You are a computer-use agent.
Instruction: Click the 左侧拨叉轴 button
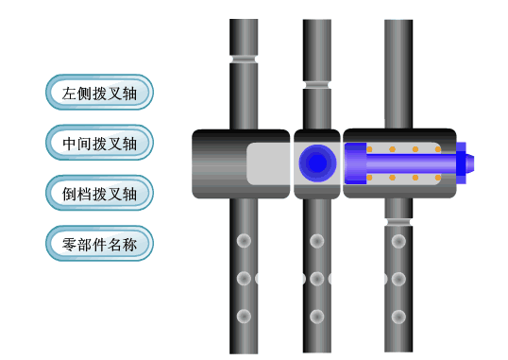(x=99, y=94)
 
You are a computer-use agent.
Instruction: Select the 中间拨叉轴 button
(x=99, y=144)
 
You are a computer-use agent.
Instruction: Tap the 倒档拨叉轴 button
(x=99, y=194)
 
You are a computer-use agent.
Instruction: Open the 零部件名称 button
(x=99, y=245)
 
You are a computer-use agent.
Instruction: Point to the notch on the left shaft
(x=244, y=60)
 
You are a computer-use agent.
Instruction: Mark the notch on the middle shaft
(x=316, y=86)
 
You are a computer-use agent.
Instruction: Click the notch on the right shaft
(x=398, y=223)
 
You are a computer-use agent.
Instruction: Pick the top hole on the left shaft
(x=244, y=240)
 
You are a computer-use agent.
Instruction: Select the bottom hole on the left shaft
(x=244, y=316)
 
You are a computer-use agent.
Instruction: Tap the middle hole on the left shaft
(x=244, y=279)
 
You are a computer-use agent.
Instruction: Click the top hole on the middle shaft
(x=316, y=240)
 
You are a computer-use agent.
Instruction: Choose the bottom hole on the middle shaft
(x=316, y=316)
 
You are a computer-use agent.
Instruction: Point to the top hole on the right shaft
(x=398, y=240)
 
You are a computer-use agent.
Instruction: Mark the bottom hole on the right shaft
(x=398, y=316)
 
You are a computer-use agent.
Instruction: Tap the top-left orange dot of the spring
(x=370, y=149)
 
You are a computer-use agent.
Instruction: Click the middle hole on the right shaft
(x=398, y=279)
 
